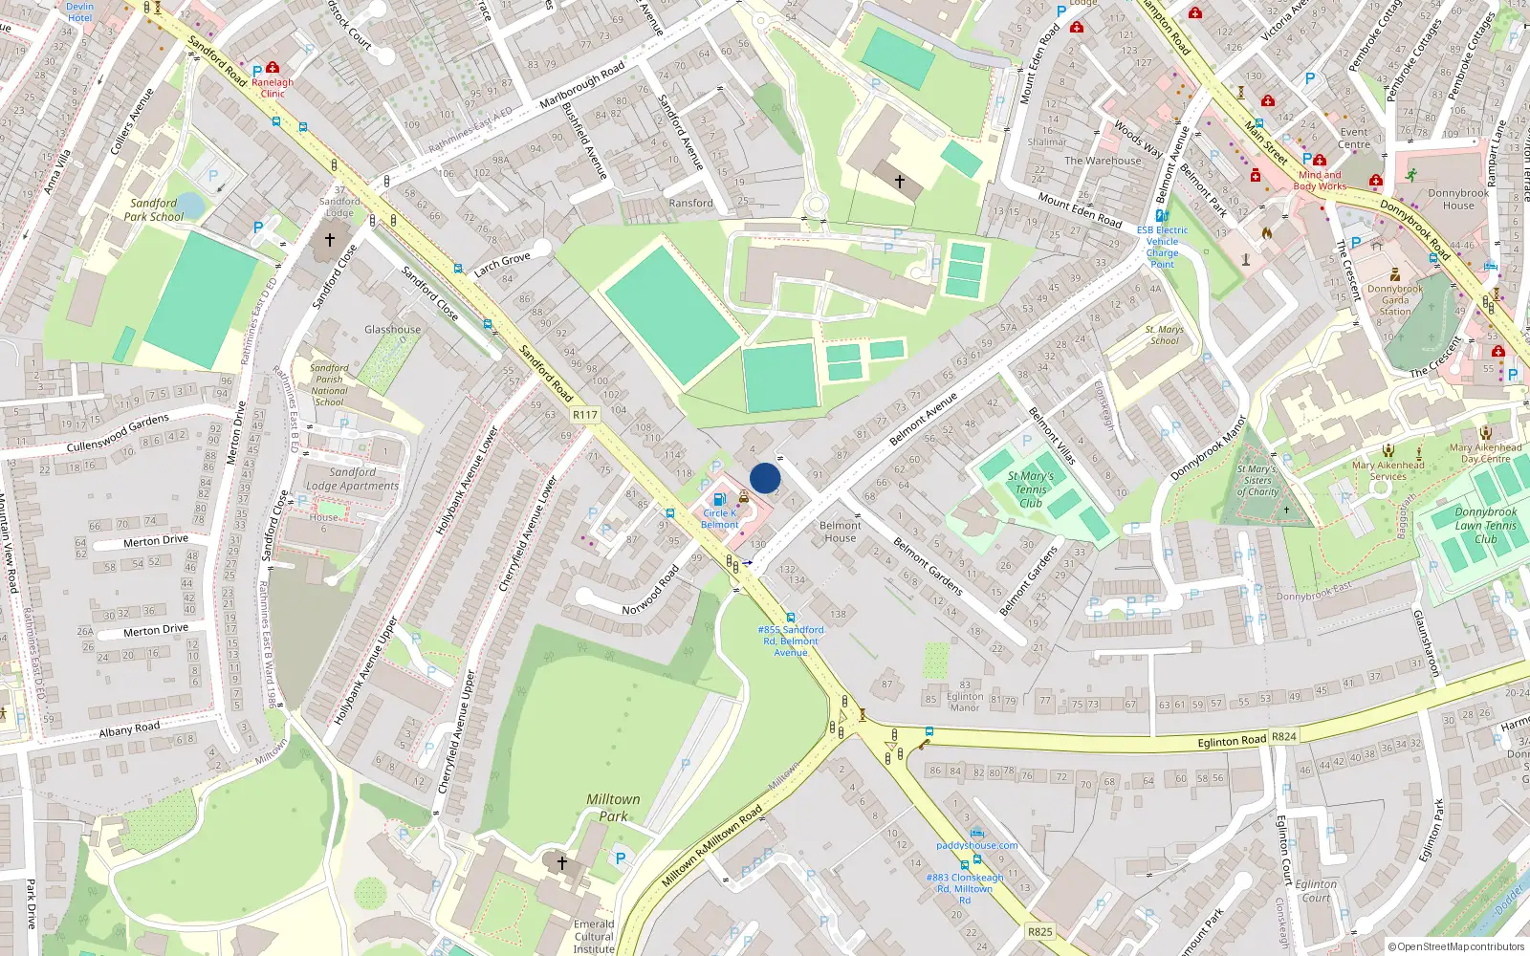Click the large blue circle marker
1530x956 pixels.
click(765, 478)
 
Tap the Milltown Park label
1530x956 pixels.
click(613, 808)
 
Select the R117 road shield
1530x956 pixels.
click(584, 415)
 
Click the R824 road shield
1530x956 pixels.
click(1283, 737)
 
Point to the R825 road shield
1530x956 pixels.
click(1039, 931)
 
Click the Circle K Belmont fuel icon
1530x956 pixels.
click(720, 499)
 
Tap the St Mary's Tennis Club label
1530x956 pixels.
click(1031, 489)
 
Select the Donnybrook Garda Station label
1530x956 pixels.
click(1394, 300)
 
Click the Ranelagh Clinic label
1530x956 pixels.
click(273, 88)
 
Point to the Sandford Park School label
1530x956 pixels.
click(154, 209)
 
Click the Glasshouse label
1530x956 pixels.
click(392, 330)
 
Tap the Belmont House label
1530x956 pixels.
click(841, 532)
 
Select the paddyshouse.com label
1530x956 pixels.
click(976, 845)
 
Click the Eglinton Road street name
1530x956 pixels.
click(1232, 741)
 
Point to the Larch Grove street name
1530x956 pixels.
click(502, 265)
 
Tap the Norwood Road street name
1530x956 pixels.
click(650, 590)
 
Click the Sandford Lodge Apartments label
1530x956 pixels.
click(352, 479)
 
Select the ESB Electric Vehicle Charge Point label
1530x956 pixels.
click(1162, 247)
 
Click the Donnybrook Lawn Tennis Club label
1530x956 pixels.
click(1486, 526)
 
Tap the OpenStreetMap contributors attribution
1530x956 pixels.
click(1456, 946)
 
